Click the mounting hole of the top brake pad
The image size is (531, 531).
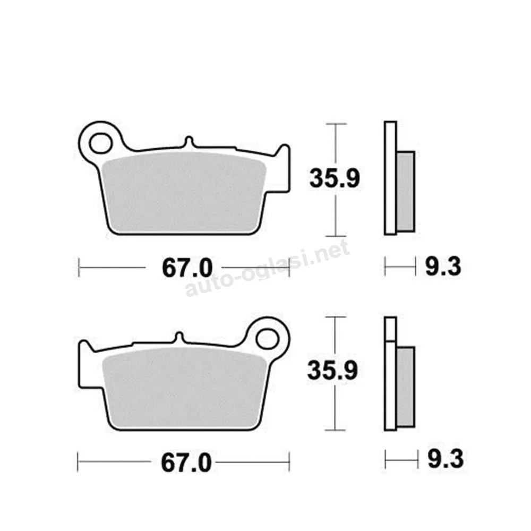tap(100, 143)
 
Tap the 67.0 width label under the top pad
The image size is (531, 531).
tap(187, 268)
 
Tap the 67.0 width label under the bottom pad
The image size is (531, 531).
tap(186, 463)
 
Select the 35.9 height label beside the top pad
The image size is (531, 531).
tap(335, 178)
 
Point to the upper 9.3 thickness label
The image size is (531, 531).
tap(443, 267)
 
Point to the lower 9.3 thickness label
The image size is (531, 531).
tap(446, 459)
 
